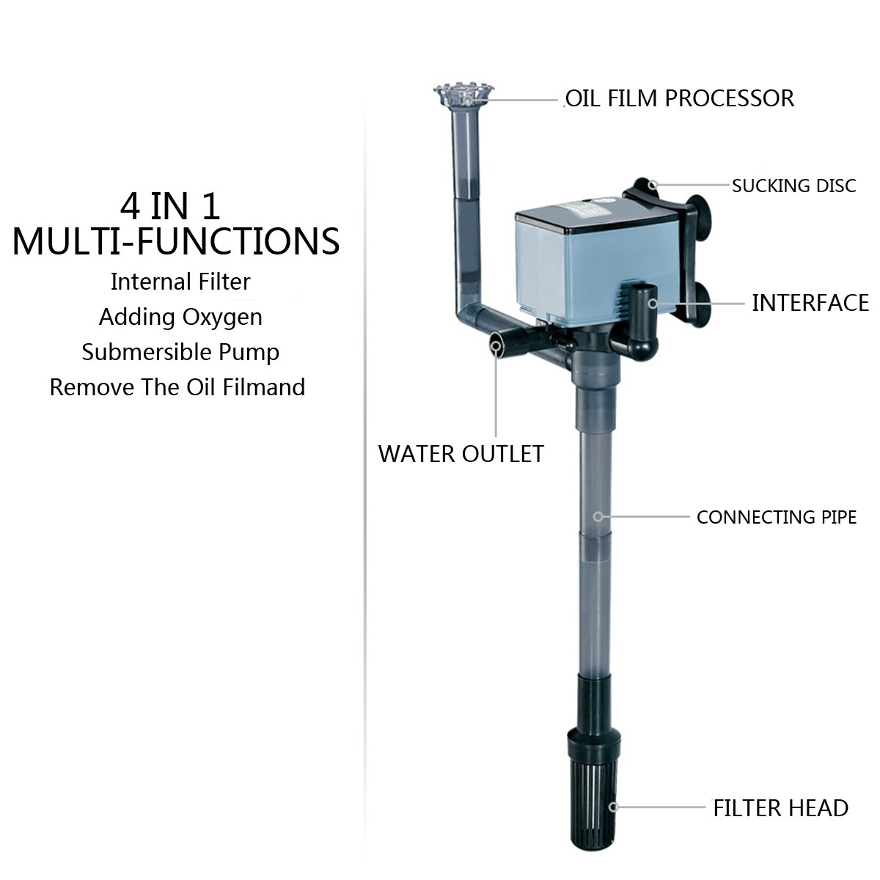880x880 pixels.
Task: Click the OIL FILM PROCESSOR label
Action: click(x=680, y=99)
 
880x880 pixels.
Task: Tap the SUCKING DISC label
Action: click(x=794, y=186)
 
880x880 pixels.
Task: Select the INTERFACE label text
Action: click(x=810, y=303)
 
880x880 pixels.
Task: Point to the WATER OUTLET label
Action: click(x=461, y=454)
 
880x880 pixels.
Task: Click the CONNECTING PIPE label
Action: click(x=777, y=518)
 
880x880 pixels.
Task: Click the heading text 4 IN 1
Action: click(x=170, y=206)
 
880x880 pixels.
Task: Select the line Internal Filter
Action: click(x=180, y=282)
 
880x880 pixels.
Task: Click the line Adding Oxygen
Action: click(x=181, y=317)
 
